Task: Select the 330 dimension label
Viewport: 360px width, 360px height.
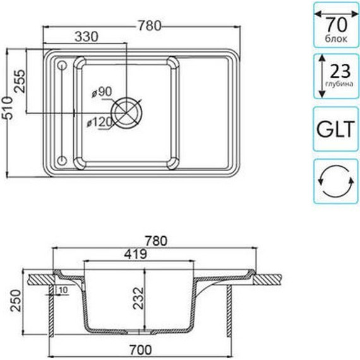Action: point(87,37)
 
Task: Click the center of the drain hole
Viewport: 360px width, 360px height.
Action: point(131,111)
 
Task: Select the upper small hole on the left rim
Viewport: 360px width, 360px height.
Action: point(62,64)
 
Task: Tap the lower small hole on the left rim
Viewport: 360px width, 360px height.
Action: point(62,159)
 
